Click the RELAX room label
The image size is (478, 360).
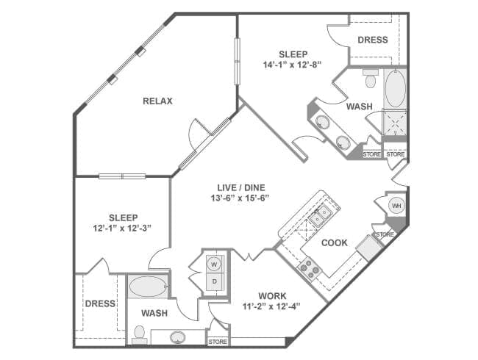pos(157,101)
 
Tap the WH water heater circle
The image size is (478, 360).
pos(396,206)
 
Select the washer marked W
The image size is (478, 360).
pos(214,264)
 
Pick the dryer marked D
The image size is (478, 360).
pos(215,281)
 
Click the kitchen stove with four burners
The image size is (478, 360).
pos(309,269)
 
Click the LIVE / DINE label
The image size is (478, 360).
pos(240,187)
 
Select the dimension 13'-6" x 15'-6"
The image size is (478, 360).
pos(240,198)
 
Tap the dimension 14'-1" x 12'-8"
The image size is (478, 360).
pos(293,65)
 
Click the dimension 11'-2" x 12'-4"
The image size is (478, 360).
pos(271,306)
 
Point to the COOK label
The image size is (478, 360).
pos(335,242)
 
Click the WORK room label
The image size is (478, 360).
pos(272,296)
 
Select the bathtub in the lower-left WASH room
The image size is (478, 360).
pos(148,287)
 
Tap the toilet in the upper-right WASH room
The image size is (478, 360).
pos(371,79)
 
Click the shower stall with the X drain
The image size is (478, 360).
pos(395,123)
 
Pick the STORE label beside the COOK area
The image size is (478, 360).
pos(385,234)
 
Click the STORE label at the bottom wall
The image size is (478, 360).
pos(218,342)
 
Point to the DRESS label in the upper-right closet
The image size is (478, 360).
pos(373,40)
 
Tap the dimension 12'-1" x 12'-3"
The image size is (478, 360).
pos(122,228)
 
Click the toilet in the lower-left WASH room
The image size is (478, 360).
pos(140,335)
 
